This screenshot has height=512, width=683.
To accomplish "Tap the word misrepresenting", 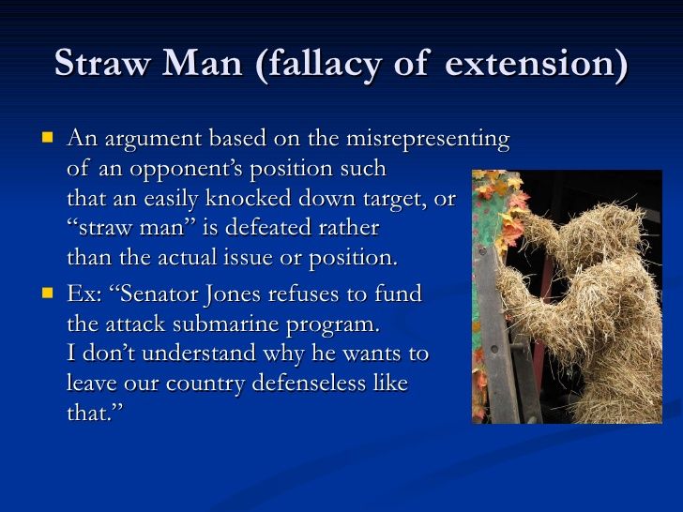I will [x=427, y=140].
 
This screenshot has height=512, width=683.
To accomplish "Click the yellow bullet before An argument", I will [x=47, y=138].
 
